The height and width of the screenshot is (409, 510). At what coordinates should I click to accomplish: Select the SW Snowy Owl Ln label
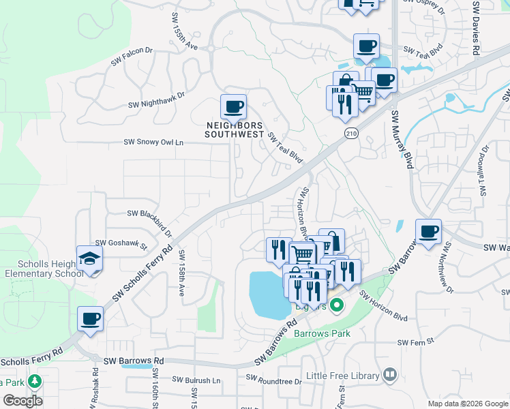click(x=153, y=142)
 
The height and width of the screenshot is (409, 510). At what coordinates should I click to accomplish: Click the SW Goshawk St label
click(x=121, y=243)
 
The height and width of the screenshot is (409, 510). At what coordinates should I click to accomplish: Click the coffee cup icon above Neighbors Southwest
click(x=233, y=108)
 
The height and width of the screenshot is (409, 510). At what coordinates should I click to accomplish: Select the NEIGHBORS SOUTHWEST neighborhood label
click(x=235, y=130)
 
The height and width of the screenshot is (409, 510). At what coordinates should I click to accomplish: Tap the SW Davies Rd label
click(x=475, y=27)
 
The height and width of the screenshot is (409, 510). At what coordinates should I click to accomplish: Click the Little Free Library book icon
click(x=390, y=374)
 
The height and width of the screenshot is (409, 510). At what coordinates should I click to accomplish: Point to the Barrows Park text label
click(x=322, y=334)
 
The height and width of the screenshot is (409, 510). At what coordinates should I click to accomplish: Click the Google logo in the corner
click(x=22, y=401)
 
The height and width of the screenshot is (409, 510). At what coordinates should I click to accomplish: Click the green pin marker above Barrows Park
click(x=335, y=306)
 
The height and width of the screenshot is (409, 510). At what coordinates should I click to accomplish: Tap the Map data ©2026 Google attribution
click(x=468, y=404)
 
